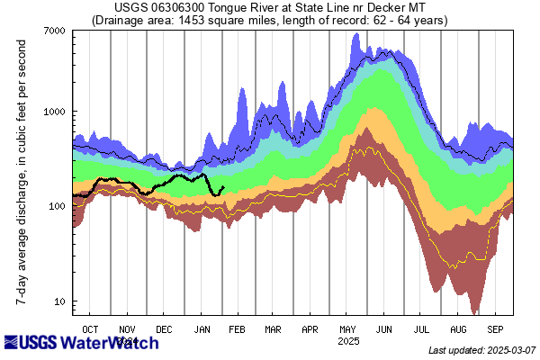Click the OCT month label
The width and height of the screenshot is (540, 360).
pos(91,328)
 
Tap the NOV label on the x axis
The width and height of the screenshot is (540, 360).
pos(128,328)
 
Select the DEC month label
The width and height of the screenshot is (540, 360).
pos(165,328)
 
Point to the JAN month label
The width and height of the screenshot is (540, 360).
pos(202,328)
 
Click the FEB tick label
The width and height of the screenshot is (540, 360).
pos(238,328)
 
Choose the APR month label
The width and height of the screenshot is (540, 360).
pos(310,328)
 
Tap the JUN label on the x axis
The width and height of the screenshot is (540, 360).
pos(384,328)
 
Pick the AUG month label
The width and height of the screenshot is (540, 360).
pos(458,328)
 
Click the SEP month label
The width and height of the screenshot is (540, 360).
pos(495,328)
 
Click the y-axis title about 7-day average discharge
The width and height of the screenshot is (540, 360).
pos(19,171)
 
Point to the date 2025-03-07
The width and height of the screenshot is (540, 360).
pos(508,350)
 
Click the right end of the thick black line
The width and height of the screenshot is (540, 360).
pos(222,187)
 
